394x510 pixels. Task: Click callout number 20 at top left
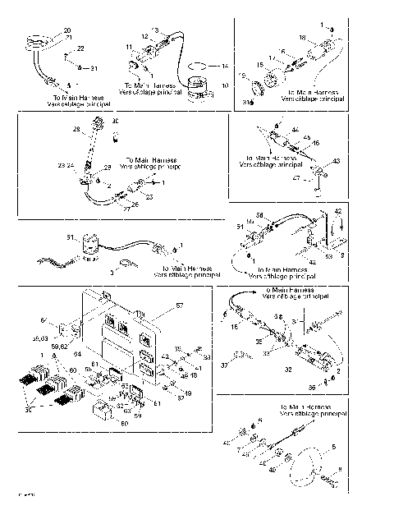[x=66, y=30]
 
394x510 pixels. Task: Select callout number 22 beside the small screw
[x=80, y=49]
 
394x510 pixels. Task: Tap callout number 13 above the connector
[x=153, y=28]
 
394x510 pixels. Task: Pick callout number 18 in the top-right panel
[x=325, y=38]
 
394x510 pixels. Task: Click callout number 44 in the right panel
[x=295, y=129]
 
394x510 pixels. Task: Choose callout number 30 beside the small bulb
[x=115, y=121]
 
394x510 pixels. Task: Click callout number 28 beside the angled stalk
[x=77, y=130]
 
